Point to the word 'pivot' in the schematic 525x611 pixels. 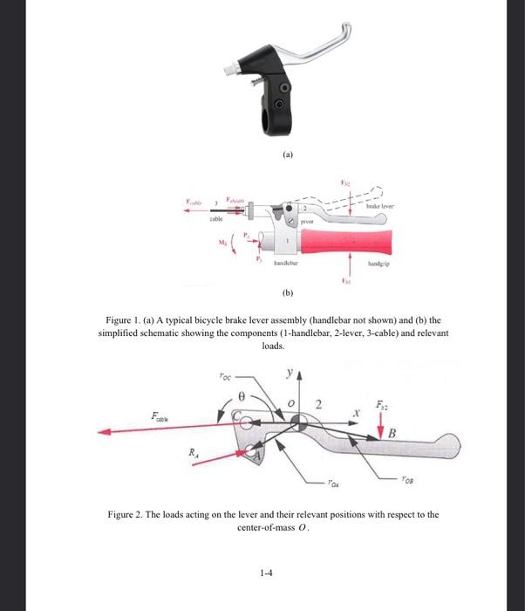pyautogui.click(x=305, y=223)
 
